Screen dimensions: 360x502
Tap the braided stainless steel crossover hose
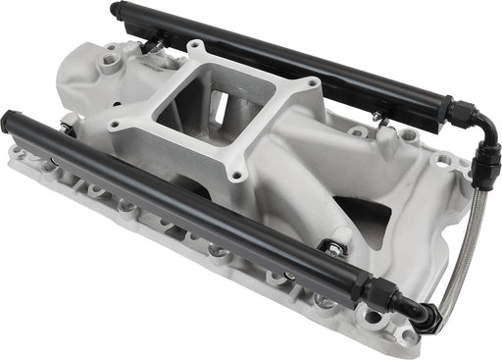[x=461, y=245]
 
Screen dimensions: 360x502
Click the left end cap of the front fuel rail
[x=11, y=123]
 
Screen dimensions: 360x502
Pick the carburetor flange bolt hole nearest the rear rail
[x=197, y=45]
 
